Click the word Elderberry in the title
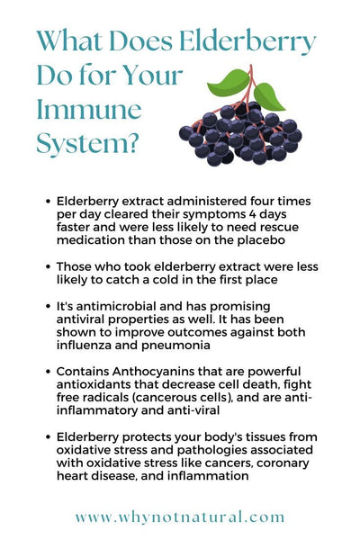(247, 41)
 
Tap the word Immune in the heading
(89, 109)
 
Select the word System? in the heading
(88, 143)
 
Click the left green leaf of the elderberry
(229, 84)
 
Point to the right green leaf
(268, 97)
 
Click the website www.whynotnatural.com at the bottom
(180, 517)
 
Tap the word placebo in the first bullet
(261, 240)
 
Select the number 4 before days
(253, 214)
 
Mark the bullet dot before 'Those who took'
(49, 266)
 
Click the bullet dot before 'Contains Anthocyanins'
(49, 371)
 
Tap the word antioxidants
(90, 384)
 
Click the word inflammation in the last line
(208, 476)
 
